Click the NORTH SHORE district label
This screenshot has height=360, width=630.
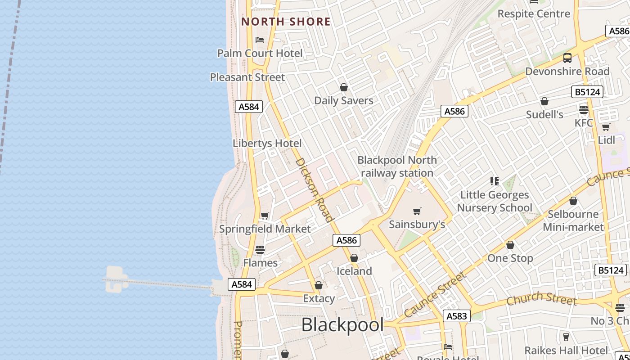pos(286,22)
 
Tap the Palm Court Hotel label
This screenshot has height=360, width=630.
pos(260,53)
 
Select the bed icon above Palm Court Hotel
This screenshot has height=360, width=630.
pos(260,40)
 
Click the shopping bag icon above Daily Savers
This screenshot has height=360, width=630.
pos(344,87)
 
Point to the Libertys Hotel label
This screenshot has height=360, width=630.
pos(267,143)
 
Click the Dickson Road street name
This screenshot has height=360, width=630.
pos(315,189)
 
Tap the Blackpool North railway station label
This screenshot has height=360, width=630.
pos(397,166)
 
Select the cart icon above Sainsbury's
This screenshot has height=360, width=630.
pos(417,211)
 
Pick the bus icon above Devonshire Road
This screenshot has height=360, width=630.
pos(567,58)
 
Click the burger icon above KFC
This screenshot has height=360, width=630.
pos(584,109)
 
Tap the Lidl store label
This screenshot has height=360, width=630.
pos(606,140)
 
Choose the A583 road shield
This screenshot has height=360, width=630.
pos(456,316)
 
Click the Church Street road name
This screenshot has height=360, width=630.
pos(541,298)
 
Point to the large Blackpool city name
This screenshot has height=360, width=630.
pos(342,324)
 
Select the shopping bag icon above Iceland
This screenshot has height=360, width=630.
pos(354,258)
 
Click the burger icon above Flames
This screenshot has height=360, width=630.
pos(260,249)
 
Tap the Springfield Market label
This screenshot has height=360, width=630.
pos(265,229)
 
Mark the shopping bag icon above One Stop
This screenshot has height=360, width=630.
pos(510,245)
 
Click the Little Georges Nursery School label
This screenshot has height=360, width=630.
pos(495,201)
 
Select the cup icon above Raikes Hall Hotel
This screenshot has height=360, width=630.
pos(566,337)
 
